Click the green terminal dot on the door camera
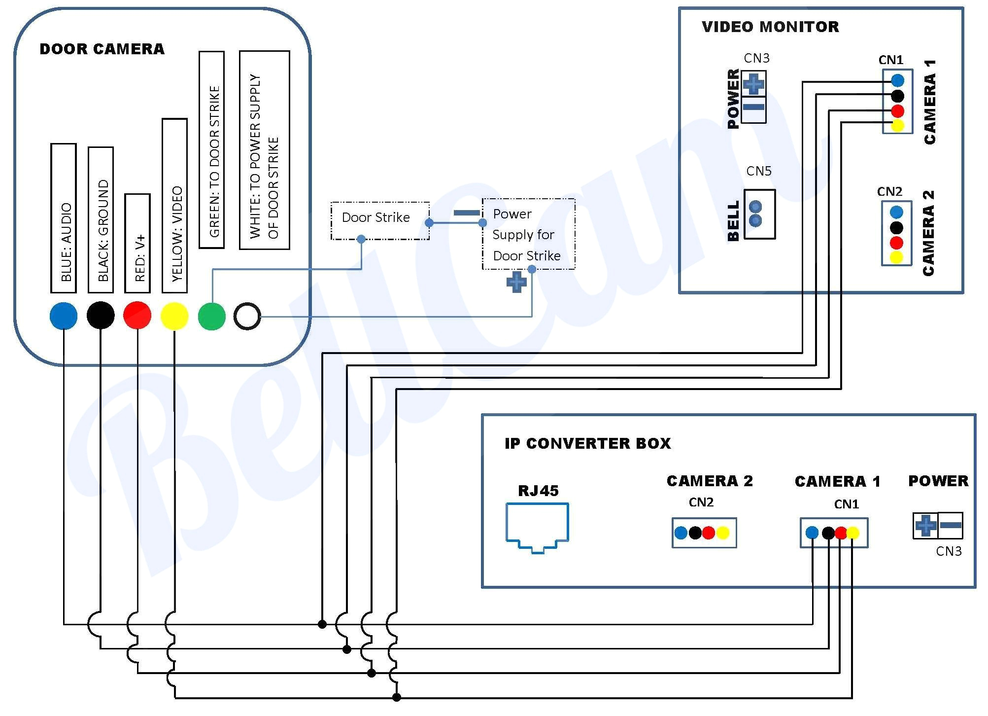coord(212,316)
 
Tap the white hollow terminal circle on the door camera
coord(247,316)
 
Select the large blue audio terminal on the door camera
coord(64,316)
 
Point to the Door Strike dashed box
coord(380,220)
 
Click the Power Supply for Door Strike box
coord(528,234)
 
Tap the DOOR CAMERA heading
coord(102,49)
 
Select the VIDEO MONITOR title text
coord(770,27)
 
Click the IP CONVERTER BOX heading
coord(587,443)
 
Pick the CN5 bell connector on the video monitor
coord(759,214)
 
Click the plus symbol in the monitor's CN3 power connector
coord(753,84)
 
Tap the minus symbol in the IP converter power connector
coord(951,525)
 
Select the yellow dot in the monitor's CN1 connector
coord(898,125)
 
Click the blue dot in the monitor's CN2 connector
coord(896,213)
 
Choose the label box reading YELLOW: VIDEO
coord(174,206)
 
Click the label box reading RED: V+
coord(137,243)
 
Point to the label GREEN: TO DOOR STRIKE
coord(212,149)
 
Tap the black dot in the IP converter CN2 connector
coord(695,533)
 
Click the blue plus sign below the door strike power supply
coord(516,282)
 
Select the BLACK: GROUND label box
coord(101,219)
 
